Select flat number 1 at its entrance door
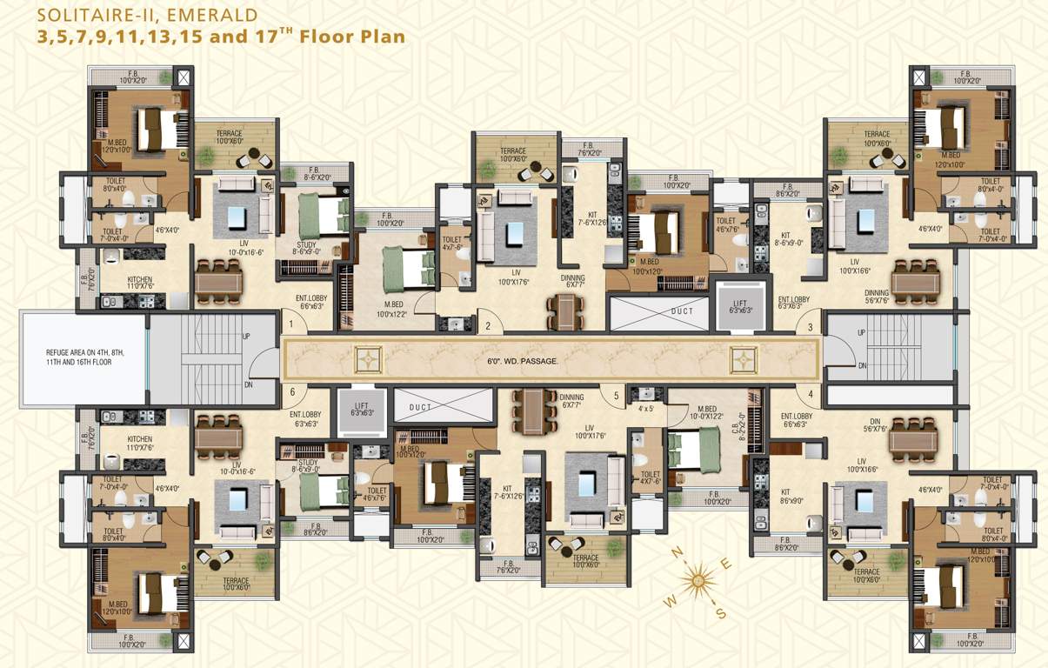click(x=292, y=325)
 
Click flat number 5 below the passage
click(x=616, y=396)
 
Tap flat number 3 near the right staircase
click(x=810, y=327)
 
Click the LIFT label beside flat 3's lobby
click(x=738, y=305)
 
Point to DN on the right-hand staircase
click(x=862, y=366)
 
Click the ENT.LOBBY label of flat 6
click(x=307, y=420)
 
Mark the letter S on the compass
click(x=720, y=612)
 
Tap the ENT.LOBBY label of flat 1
click(x=312, y=302)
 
